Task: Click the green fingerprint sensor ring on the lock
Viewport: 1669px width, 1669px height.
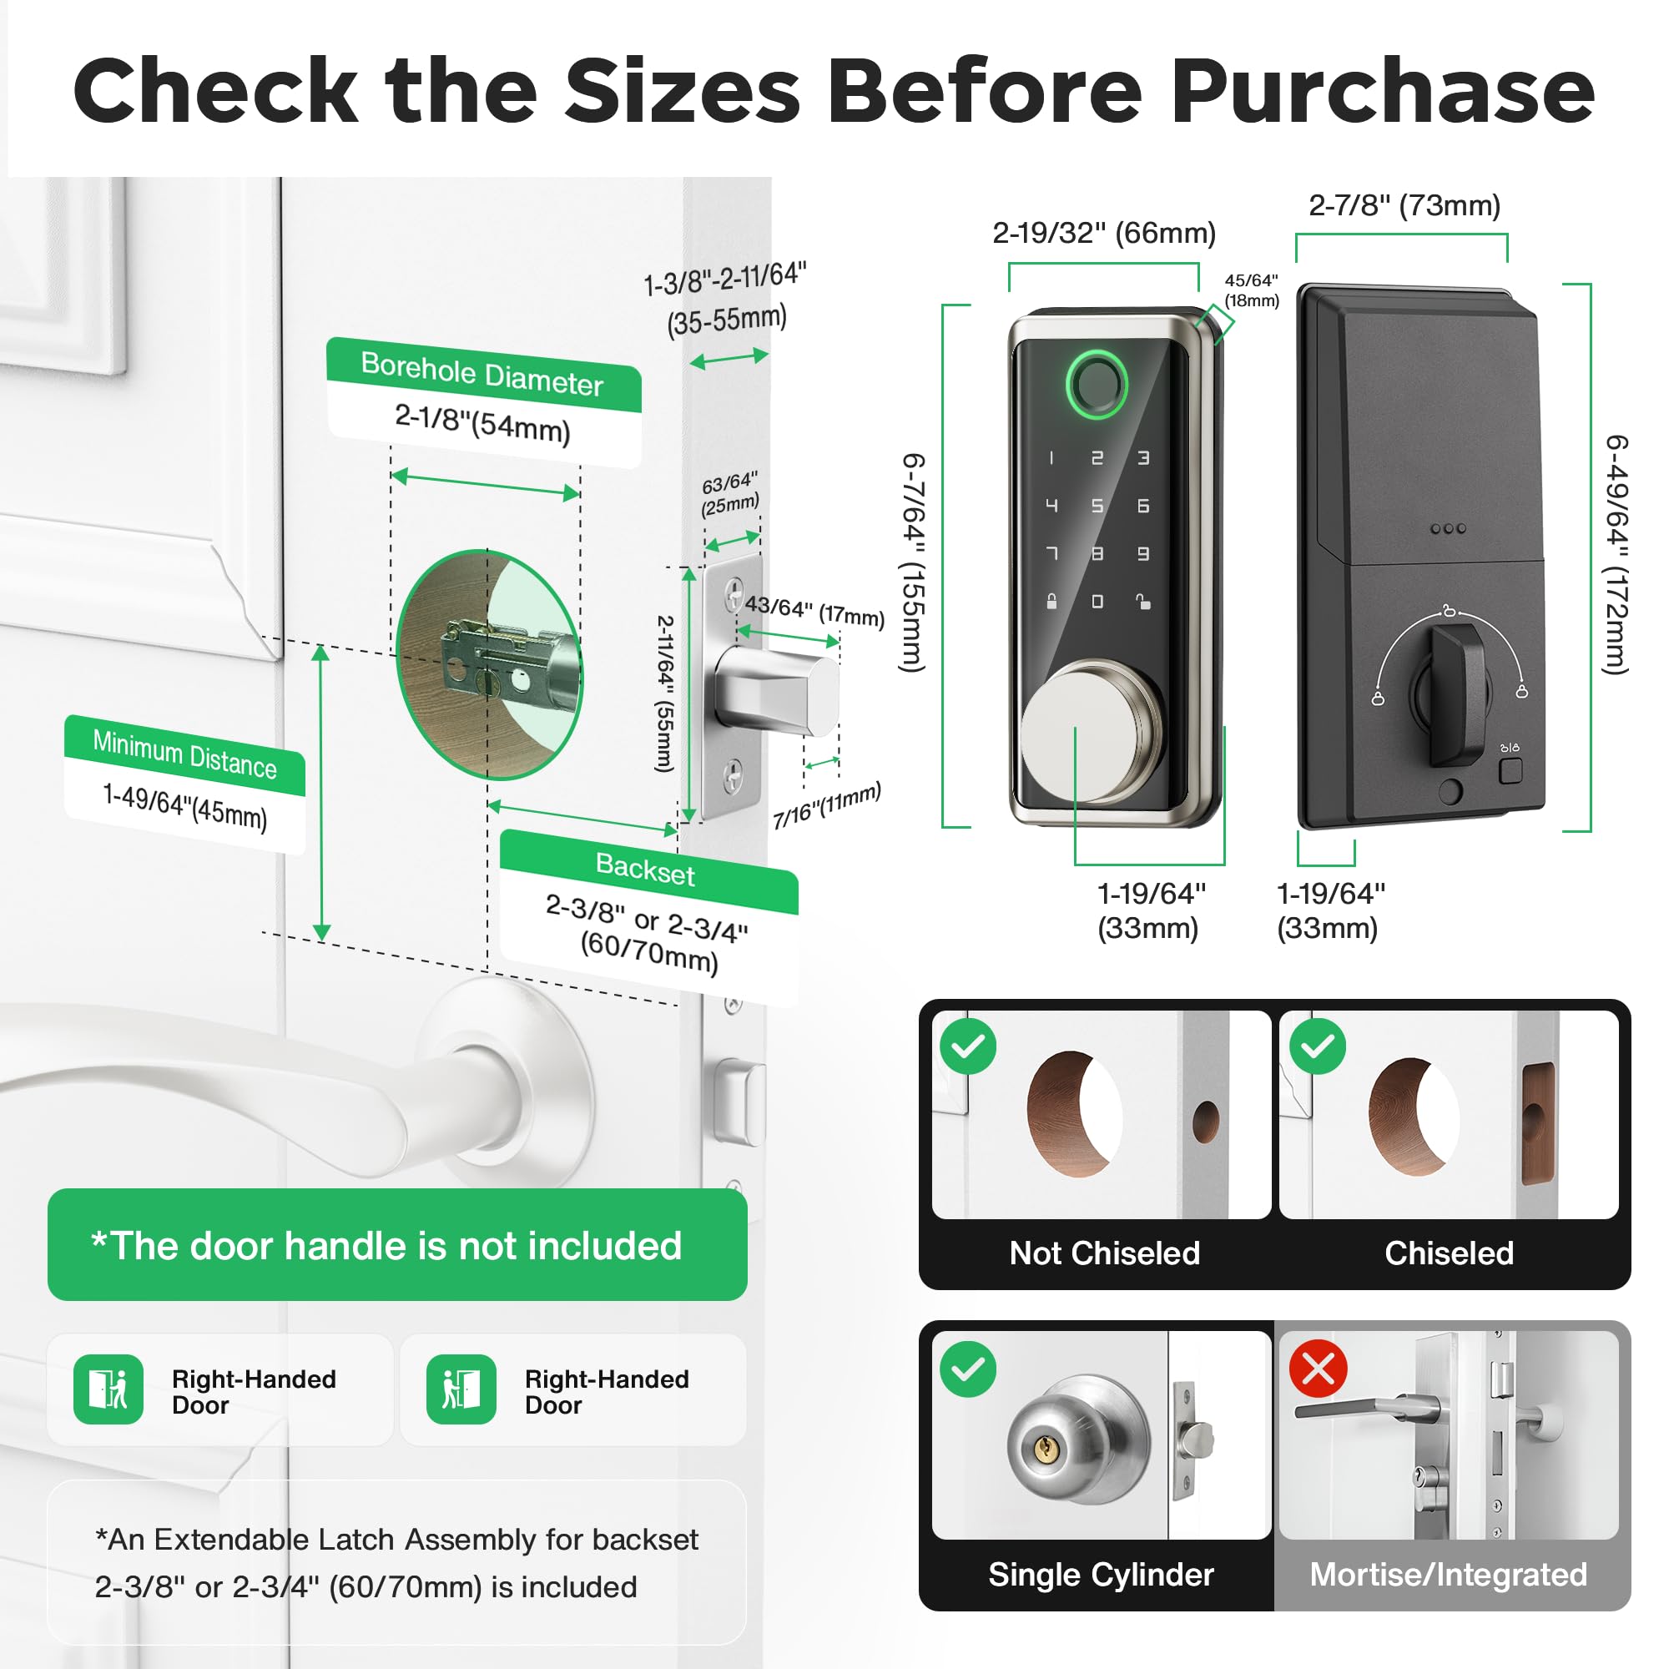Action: coord(1097,385)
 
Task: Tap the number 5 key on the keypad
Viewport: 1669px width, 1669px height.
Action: coord(1097,506)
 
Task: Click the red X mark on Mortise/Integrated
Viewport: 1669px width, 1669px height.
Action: coord(1318,1369)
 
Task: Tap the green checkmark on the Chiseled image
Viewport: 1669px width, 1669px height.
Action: coord(1318,1046)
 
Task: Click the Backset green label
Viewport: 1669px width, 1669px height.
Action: coord(645,869)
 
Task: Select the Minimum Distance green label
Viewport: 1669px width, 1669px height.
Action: coord(185,754)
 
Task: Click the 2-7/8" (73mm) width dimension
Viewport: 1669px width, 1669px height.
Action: coord(1404,205)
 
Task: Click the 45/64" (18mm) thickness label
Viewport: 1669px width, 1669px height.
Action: coord(1251,290)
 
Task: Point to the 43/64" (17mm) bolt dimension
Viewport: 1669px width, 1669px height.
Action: coord(814,611)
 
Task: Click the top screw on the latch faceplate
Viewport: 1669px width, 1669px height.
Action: coord(734,594)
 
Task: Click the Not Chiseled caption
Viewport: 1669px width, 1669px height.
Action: coord(1104,1253)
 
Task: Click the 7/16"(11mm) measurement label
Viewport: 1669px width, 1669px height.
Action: coord(826,804)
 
